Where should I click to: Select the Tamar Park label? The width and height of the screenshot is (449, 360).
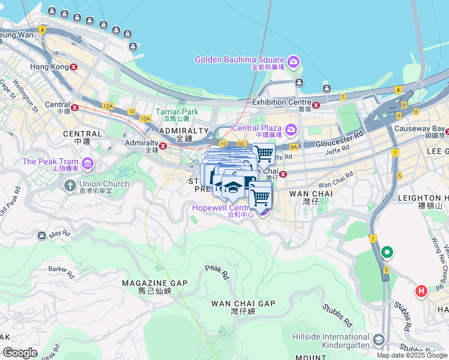tap(176, 112)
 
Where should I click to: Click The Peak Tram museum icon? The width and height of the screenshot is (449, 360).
tap(88, 163)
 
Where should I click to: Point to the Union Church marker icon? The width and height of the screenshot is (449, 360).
tap(70, 185)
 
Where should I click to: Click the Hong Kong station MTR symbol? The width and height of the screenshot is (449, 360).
tap(74, 67)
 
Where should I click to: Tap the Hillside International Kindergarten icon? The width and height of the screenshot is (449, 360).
tap(379, 340)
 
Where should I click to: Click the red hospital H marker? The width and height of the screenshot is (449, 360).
tap(422, 292)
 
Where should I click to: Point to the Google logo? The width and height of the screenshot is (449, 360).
tap(20, 353)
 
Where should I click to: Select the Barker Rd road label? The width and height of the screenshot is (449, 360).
tap(61, 272)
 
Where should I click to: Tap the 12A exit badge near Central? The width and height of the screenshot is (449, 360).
tap(107, 106)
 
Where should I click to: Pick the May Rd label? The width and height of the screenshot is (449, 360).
tap(60, 233)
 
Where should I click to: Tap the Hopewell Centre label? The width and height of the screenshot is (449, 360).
tap(220, 208)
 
